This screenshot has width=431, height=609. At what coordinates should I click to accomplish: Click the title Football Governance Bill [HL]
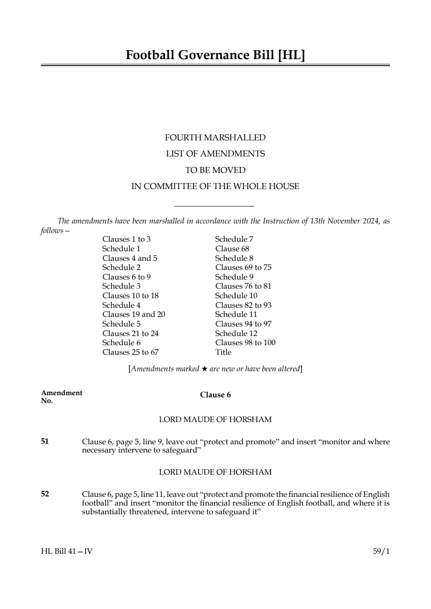click(x=215, y=55)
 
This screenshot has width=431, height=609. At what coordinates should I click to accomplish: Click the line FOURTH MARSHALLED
click(x=215, y=138)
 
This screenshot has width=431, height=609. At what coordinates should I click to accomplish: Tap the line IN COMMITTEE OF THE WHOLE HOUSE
click(x=215, y=186)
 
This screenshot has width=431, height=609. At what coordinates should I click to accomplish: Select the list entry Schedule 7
click(x=234, y=239)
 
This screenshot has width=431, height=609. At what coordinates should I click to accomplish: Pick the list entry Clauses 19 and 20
click(x=134, y=314)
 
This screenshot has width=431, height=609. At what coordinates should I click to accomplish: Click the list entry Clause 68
click(x=232, y=249)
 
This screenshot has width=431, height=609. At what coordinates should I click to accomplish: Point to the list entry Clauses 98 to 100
click(x=245, y=343)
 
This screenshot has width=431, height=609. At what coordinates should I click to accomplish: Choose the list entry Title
click(x=223, y=352)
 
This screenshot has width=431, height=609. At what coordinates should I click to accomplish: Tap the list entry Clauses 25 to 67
click(x=130, y=352)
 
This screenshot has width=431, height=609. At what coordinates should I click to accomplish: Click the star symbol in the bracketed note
click(x=204, y=369)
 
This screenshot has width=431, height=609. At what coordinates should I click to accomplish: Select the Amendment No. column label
click(x=61, y=396)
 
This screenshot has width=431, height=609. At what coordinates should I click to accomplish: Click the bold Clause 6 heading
click(x=215, y=395)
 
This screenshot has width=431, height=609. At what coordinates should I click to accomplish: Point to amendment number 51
click(x=45, y=442)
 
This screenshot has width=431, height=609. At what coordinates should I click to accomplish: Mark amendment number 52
click(x=45, y=494)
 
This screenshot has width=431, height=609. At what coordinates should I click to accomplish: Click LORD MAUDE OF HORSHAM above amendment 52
click(x=215, y=472)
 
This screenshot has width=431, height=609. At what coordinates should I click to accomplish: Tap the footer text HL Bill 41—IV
click(x=67, y=552)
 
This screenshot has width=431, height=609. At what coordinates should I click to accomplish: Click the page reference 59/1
click(x=381, y=552)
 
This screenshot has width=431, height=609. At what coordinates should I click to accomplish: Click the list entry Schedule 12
click(x=236, y=333)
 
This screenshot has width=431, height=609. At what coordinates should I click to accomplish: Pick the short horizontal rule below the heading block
click(x=214, y=206)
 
